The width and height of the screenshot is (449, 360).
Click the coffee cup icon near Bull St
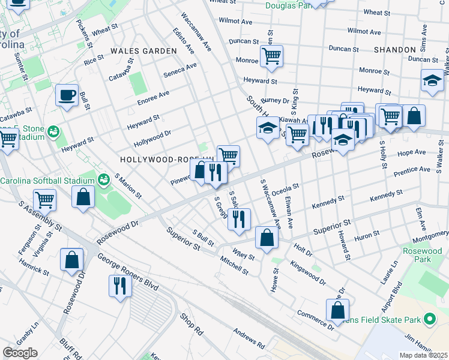67,94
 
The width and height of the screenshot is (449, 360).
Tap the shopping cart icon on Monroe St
271,56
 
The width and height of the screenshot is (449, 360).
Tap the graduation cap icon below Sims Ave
432,80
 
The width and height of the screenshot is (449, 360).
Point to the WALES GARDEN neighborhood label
143,52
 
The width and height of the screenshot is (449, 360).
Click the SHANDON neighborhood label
394,49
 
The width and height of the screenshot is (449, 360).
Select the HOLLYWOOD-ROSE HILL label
166,160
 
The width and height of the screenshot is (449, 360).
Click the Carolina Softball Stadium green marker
104,179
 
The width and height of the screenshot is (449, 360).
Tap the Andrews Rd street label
249,338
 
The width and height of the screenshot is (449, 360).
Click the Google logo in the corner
20,352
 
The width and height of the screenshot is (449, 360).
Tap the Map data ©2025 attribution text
423,355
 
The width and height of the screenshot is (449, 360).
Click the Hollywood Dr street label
152,139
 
